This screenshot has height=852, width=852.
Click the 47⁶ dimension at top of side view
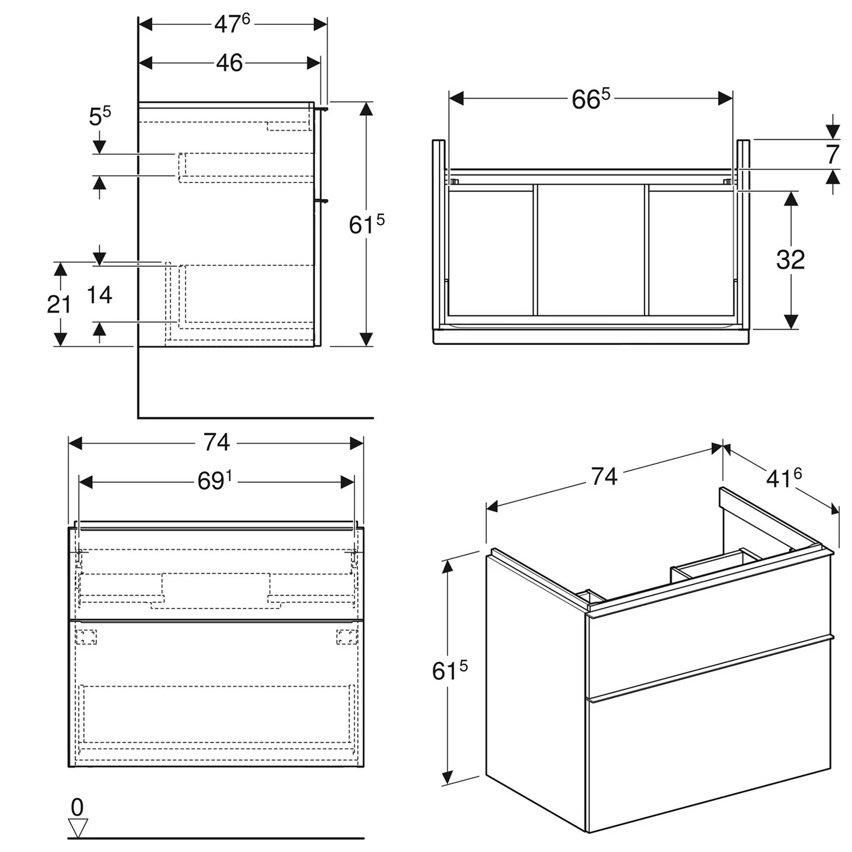[x=232, y=24]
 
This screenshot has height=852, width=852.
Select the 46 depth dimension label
[x=229, y=63]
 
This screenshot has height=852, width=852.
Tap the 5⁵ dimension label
[x=100, y=116]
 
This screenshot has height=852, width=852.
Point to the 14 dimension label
[x=99, y=295]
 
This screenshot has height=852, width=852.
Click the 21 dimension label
[x=59, y=305]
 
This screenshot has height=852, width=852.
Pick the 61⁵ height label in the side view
[x=366, y=225]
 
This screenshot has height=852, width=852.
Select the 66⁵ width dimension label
[x=590, y=99]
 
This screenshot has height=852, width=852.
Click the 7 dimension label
[x=832, y=154]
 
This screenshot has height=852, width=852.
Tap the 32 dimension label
[x=790, y=260]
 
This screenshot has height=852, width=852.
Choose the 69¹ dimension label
[x=215, y=482]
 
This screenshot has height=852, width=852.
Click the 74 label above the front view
[x=216, y=442]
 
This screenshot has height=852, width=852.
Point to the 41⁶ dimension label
[x=784, y=478]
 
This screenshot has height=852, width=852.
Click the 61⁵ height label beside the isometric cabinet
[x=449, y=671]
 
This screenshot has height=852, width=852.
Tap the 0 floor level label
[x=77, y=807]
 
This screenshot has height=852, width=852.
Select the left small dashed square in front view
[x=86, y=637]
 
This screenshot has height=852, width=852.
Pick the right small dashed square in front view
[x=346, y=637]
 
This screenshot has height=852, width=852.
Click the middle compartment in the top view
[x=590, y=250]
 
